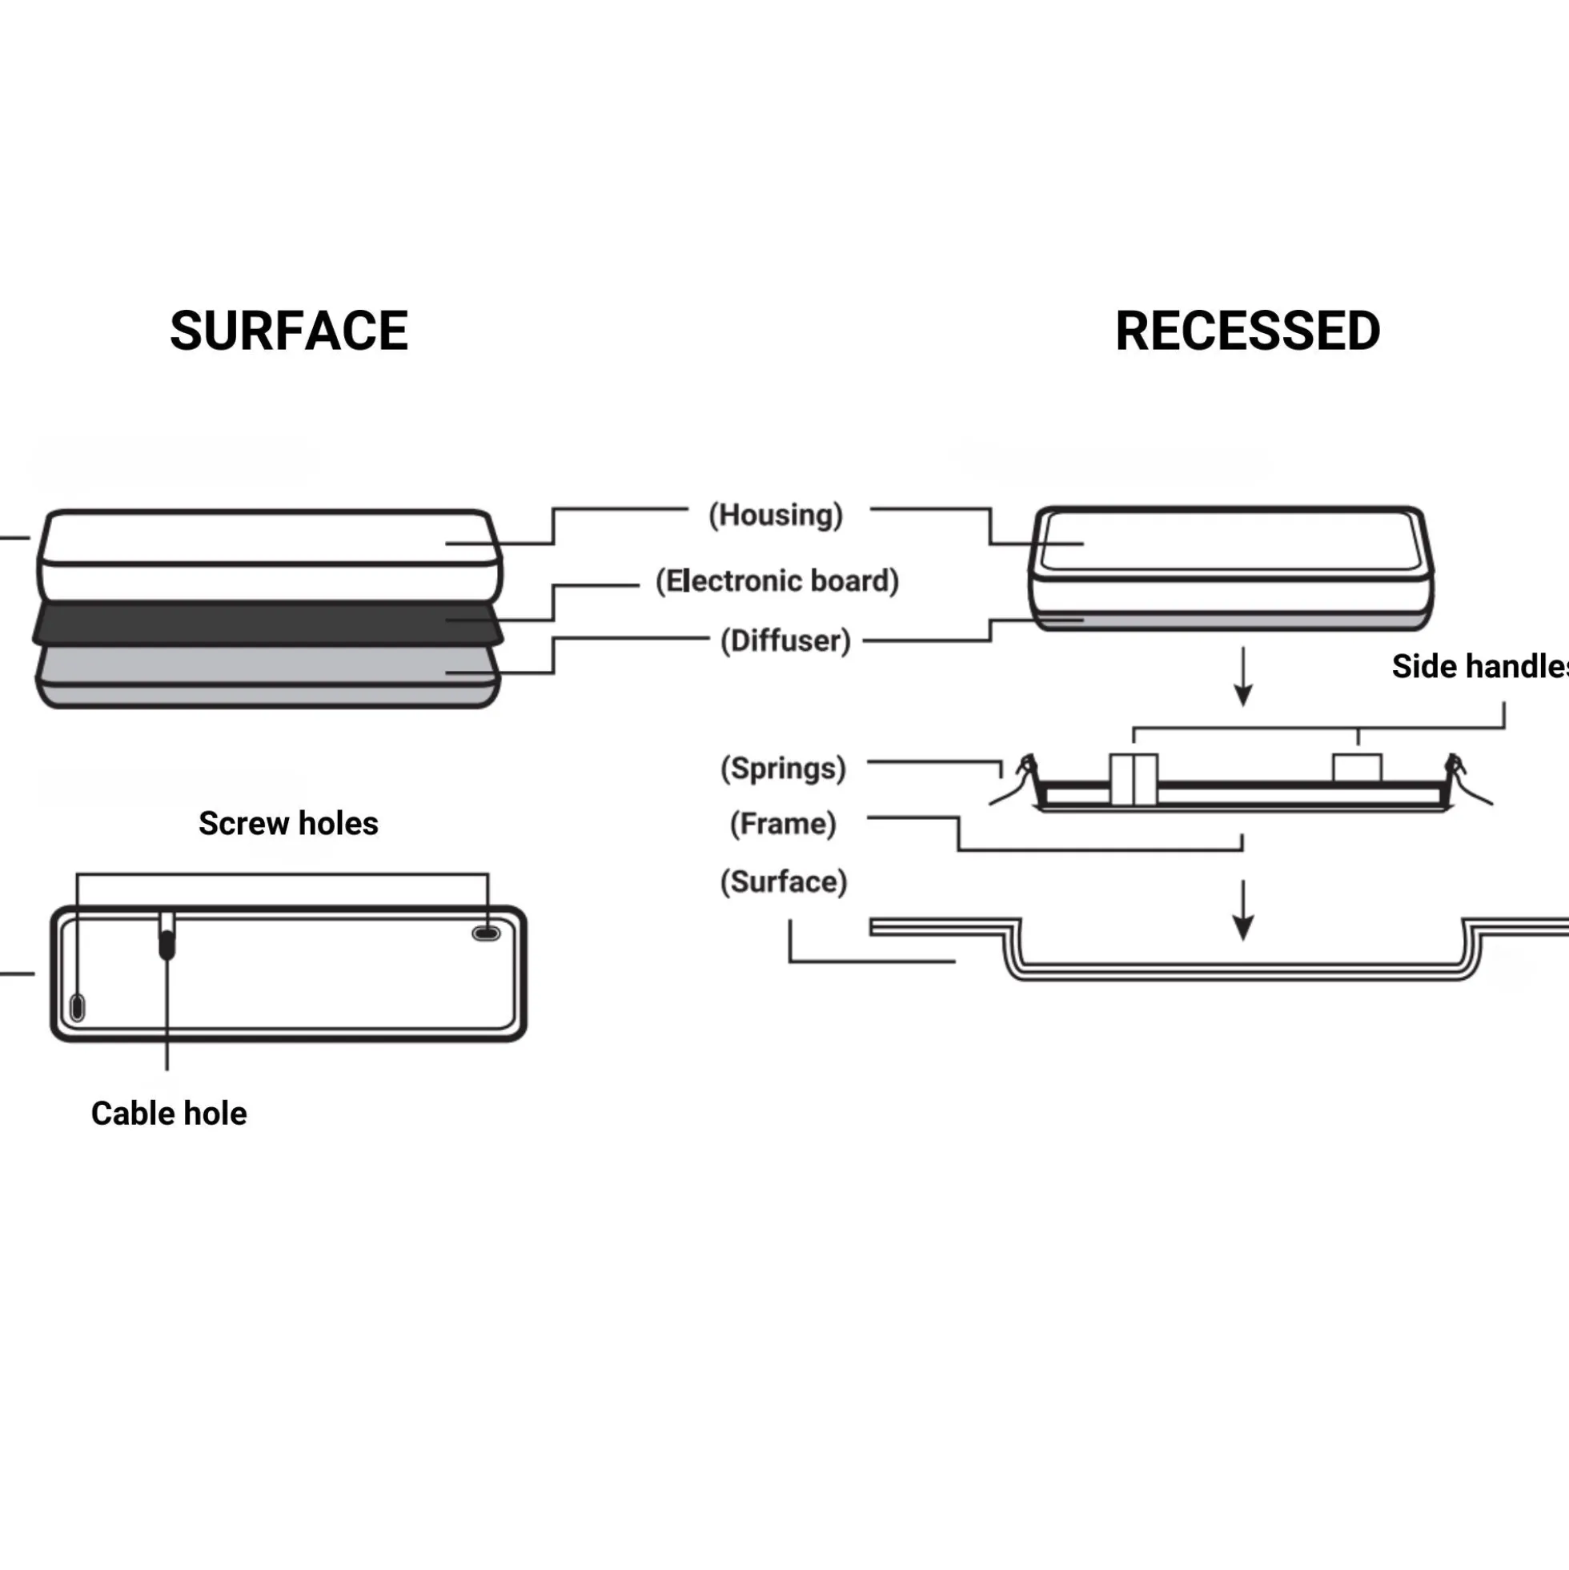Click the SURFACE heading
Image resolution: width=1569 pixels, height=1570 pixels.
[288, 331]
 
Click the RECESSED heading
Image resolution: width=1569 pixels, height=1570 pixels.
[1247, 331]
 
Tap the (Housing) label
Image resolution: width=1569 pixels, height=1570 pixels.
[776, 516]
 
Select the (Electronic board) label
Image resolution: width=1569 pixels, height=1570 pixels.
[777, 581]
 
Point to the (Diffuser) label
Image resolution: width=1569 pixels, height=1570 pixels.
[786, 640]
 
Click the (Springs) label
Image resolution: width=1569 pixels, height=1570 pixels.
[783, 769]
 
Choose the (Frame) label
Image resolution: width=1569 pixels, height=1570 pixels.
[783, 824]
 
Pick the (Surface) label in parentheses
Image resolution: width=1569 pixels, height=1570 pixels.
[784, 881]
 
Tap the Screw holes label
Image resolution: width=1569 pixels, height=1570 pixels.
[288, 823]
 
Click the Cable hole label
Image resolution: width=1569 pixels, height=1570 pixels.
[169, 1114]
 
